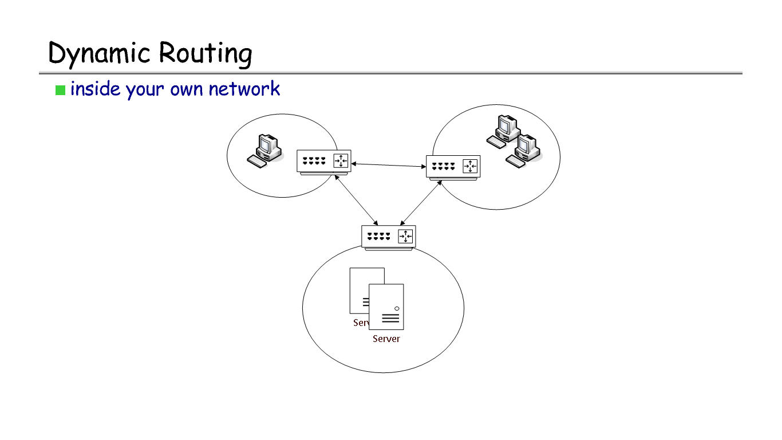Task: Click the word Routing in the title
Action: pos(205,54)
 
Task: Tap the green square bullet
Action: pos(60,90)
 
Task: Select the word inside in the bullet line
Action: pos(95,89)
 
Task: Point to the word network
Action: pos(244,89)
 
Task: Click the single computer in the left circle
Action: pos(264,150)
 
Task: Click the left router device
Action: pos(323,161)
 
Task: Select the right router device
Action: pos(453,167)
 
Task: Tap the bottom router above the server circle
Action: pos(388,236)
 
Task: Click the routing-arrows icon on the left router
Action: pos(341,161)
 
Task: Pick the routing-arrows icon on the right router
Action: pos(470,167)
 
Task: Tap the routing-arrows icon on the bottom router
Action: pos(405,236)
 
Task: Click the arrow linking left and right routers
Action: pos(388,165)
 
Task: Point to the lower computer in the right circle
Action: pos(524,151)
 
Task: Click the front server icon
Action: pos(386,307)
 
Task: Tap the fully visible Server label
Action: pos(386,339)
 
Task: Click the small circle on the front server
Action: pos(396,309)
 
